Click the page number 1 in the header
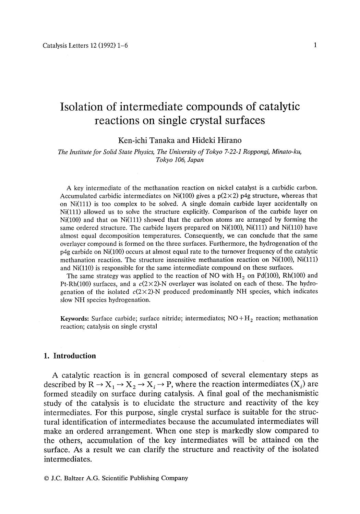[315, 45]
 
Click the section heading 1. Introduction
[70, 356]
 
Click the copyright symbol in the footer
[46, 478]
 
